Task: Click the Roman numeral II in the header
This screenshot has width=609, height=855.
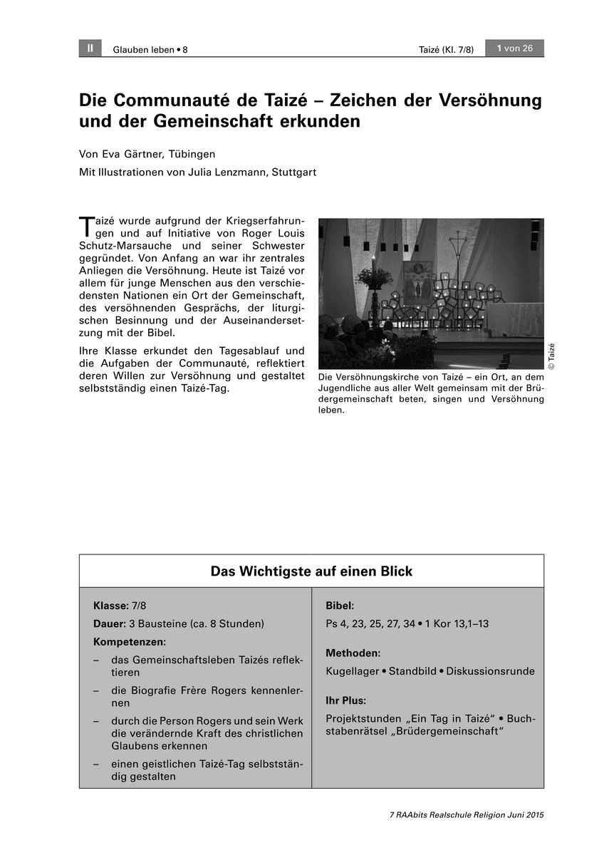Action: tap(90, 48)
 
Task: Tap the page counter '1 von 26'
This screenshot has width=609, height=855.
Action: tap(514, 48)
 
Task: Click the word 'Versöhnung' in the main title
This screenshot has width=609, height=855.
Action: tap(490, 100)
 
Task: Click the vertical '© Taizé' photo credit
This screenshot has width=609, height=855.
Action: tap(551, 356)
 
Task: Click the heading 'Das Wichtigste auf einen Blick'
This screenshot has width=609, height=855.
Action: tap(311, 571)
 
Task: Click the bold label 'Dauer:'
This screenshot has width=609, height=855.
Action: tap(110, 623)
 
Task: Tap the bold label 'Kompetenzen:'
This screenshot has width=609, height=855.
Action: tap(129, 641)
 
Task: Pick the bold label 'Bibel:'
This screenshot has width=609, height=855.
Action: tap(340, 606)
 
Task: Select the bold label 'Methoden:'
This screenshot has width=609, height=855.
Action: tap(353, 653)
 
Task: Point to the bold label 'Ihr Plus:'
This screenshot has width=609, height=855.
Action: tap(345, 700)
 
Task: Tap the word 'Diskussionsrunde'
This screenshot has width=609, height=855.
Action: tap(490, 671)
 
